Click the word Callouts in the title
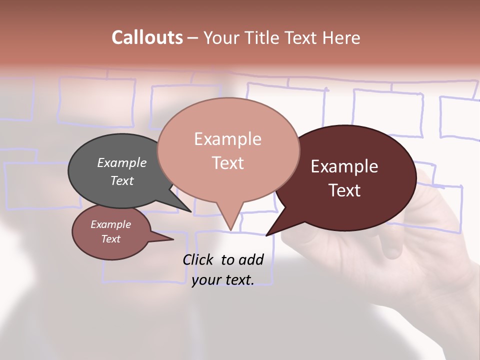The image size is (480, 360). pyautogui.click(x=147, y=37)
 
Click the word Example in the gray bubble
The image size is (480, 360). pyautogui.click(x=121, y=163)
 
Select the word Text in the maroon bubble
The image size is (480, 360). pyautogui.click(x=344, y=190)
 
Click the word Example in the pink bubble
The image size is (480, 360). pyautogui.click(x=227, y=139)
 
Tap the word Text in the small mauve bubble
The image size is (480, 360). pyautogui.click(x=110, y=239)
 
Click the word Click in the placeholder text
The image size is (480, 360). pyautogui.click(x=198, y=259)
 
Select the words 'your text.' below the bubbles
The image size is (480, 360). pyautogui.click(x=222, y=280)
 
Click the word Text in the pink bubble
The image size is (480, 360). pyautogui.click(x=227, y=163)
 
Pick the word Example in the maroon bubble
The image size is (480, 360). pyautogui.click(x=344, y=166)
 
